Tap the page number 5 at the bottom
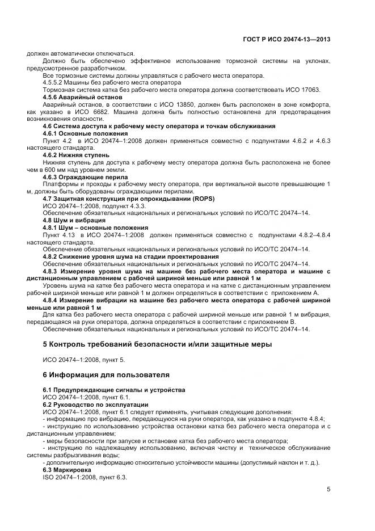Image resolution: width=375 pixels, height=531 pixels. click(x=328, y=489)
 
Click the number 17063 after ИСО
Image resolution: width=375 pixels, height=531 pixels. click(x=308, y=90)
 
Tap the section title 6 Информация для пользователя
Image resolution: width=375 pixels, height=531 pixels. click(x=113, y=375)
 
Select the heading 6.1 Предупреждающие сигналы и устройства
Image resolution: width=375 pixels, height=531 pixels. click(x=114, y=390)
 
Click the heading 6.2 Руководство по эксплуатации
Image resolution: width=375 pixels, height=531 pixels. click(x=95, y=404)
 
